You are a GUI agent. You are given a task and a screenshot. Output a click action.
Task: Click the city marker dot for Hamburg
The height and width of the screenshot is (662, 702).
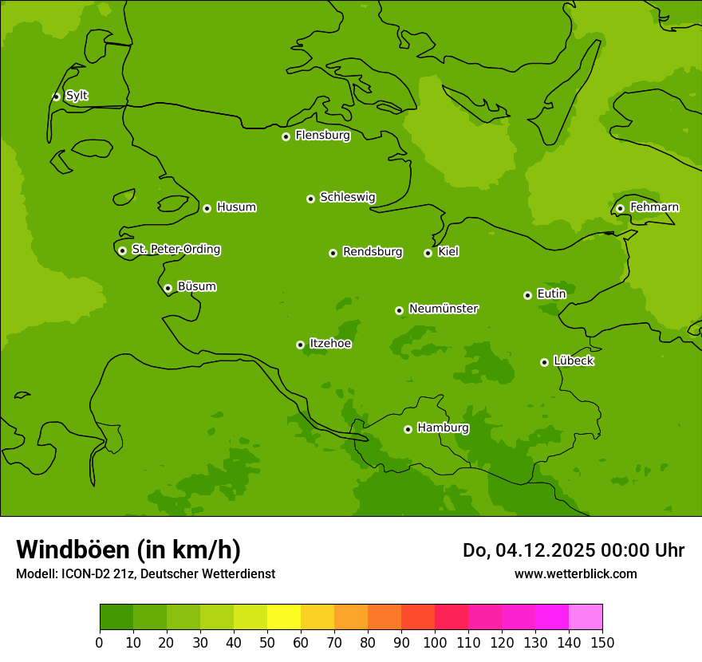(x=408, y=429)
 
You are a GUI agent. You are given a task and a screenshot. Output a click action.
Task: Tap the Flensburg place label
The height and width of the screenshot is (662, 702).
(x=322, y=136)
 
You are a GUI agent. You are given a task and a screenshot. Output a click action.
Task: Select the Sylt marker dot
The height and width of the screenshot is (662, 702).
(x=56, y=97)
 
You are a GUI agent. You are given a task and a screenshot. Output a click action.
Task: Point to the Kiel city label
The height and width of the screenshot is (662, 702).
(x=448, y=252)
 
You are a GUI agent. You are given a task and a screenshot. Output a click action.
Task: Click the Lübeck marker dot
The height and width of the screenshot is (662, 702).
(x=544, y=362)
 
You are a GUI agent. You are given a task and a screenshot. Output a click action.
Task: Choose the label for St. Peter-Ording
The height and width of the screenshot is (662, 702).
(x=175, y=250)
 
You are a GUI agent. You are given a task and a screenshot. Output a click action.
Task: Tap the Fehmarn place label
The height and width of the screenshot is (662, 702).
(x=654, y=207)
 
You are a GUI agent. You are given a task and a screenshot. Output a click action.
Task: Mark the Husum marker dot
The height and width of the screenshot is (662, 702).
(x=207, y=208)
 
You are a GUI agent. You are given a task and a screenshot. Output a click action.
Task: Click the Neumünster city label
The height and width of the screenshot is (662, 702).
(x=443, y=309)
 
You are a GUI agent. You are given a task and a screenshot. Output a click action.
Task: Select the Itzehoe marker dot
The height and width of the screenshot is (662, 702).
(x=300, y=345)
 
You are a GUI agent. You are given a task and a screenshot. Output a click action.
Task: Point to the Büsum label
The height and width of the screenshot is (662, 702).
(x=196, y=286)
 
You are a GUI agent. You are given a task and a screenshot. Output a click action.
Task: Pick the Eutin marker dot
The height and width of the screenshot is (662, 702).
(x=527, y=295)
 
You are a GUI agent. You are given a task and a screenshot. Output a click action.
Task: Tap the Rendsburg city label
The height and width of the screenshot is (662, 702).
(x=372, y=252)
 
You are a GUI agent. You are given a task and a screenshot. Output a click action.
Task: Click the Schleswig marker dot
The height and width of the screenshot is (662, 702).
(x=310, y=199)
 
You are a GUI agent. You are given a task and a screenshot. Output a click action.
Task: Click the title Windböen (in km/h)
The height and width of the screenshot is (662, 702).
(x=128, y=550)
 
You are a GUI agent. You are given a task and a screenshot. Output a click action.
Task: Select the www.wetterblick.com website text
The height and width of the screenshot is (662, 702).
(x=575, y=573)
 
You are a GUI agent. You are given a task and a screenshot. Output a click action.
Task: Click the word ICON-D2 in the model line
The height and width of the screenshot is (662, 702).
(x=84, y=574)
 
